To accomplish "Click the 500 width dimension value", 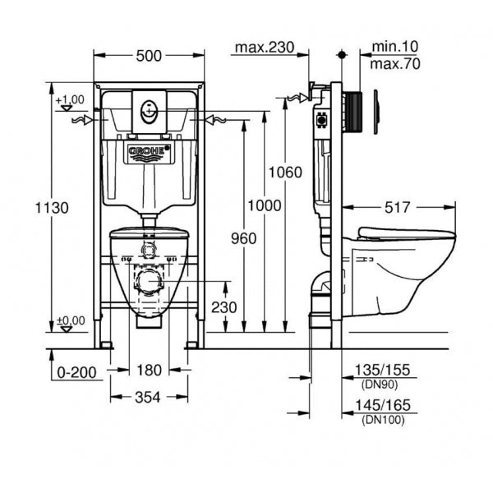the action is point(149,56).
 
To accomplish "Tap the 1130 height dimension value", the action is point(52,208).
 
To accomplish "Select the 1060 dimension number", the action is point(285,173).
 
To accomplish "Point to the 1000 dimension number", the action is point(265,206).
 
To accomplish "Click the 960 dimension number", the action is point(244,238).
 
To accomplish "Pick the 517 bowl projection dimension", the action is point(398,208).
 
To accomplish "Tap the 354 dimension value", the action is point(147,398).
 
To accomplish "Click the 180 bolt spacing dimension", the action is point(149,370).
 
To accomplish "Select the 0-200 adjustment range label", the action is point(76,372).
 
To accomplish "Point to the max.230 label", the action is point(265,48).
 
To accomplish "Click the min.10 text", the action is point(395,47).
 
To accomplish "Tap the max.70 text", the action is point(395,64).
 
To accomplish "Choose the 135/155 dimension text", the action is point(382,370).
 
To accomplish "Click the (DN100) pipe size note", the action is point(383,420).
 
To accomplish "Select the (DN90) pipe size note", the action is point(380,385).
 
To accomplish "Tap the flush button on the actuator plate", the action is point(149,112).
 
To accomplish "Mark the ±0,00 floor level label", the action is point(71,320).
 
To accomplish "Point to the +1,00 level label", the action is point(70,99).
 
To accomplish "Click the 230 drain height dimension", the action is point(223,307).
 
